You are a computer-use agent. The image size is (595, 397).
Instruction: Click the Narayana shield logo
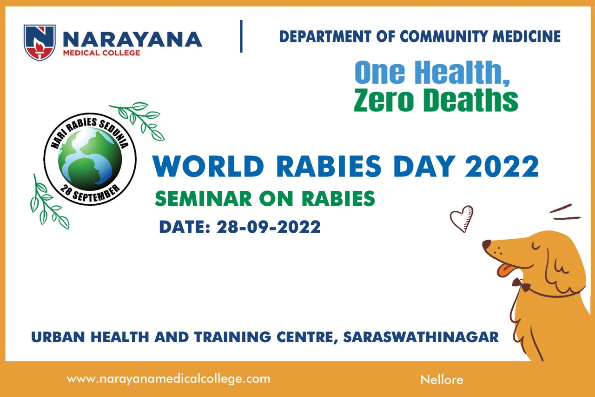40,42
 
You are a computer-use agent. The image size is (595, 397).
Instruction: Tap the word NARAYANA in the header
132,40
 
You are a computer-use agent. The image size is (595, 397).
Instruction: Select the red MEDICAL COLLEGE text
101,53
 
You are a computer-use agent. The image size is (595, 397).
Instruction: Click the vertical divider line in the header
241,36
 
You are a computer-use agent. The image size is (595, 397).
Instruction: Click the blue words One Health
432,72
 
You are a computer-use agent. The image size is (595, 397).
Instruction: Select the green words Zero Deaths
436,100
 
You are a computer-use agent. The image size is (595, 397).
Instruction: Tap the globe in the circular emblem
90,159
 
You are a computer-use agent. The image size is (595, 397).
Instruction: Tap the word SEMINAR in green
203,199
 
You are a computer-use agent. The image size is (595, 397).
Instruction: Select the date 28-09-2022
269,227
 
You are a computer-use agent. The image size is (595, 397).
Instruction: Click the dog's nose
486,244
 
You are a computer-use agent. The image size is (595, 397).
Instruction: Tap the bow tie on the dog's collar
522,284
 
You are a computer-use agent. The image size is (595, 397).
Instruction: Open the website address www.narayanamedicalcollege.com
168,379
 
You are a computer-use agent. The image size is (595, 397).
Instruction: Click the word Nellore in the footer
442,380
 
